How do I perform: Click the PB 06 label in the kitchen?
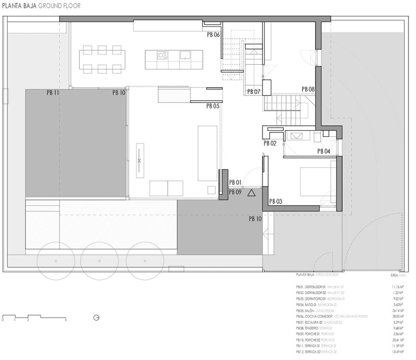(x=213, y=34)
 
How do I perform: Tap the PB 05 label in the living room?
(x=213, y=106)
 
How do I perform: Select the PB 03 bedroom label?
(x=276, y=201)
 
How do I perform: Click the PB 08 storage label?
(x=308, y=89)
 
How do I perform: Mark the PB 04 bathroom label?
(x=323, y=151)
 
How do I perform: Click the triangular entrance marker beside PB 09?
(x=251, y=193)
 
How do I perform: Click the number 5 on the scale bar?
(x=66, y=320)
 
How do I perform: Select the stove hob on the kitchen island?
(x=162, y=55)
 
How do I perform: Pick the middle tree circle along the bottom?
(x=99, y=260)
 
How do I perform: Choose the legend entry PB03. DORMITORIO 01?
(x=311, y=299)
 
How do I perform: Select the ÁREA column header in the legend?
(x=397, y=275)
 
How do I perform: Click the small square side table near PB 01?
(x=211, y=190)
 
